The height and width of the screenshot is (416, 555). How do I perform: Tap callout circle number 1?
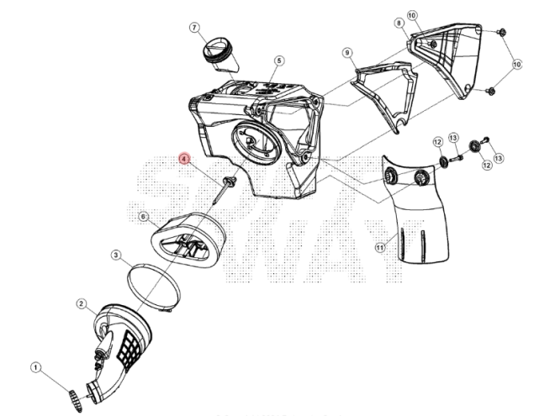[36, 367]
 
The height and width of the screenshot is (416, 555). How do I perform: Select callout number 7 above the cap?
[194, 28]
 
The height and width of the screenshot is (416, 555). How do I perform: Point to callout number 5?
[280, 61]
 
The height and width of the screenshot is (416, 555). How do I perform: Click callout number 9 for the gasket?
[346, 53]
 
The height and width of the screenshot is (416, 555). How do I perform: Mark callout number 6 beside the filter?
[143, 216]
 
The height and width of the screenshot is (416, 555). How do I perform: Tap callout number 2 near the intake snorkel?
[81, 303]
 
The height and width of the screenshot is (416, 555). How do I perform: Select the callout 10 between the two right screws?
[516, 63]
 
